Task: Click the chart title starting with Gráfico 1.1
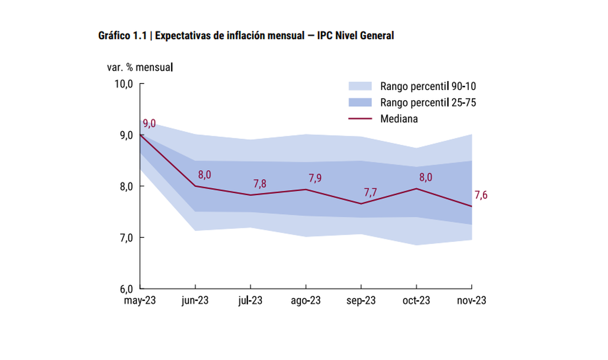point(246,36)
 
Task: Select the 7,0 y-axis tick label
point(123,237)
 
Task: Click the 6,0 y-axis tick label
point(123,289)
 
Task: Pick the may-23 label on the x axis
point(140,300)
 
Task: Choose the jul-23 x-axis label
point(250,300)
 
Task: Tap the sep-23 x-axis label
point(361,300)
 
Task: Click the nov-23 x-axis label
point(472,300)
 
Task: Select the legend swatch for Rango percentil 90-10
point(360,86)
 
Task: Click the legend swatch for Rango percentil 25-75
point(360,102)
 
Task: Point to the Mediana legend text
point(398,119)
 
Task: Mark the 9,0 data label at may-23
point(149,124)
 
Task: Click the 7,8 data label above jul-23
point(260,183)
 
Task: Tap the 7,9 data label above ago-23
point(315,178)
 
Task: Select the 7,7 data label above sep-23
point(371,192)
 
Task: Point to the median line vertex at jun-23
point(195,186)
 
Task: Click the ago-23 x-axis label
point(306,300)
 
